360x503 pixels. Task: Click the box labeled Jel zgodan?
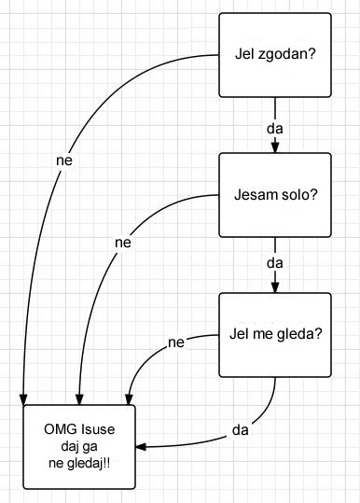(x=274, y=55)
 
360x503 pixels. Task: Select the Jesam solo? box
(x=274, y=195)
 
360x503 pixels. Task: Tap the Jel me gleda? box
(x=274, y=334)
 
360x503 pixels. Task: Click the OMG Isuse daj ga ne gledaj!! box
(x=79, y=446)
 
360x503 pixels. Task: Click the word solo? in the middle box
(x=298, y=195)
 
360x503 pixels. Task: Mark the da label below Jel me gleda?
(x=240, y=430)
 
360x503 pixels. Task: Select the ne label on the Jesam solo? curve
(x=122, y=243)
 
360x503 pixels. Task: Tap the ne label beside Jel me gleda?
(x=176, y=342)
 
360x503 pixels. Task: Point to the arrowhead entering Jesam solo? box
(x=274, y=147)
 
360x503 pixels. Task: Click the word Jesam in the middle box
(x=256, y=195)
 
